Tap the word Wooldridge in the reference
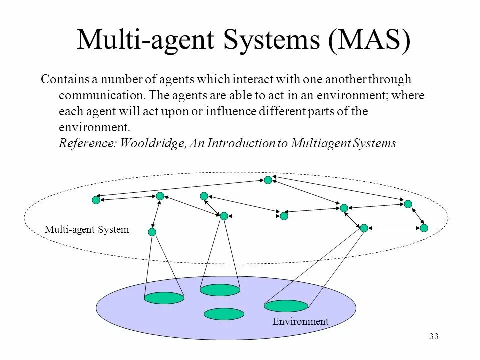click(153, 144)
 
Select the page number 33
click(433, 337)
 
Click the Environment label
click(300, 322)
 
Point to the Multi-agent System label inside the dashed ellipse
click(87, 230)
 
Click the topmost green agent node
click(268, 180)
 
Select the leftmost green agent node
click(96, 200)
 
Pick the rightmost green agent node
click(424, 228)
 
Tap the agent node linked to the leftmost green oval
click(152, 232)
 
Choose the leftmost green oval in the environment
click(164, 298)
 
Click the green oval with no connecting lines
click(224, 314)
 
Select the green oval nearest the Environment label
click(286, 306)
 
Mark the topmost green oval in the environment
click(220, 290)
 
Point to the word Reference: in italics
click(87, 144)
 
